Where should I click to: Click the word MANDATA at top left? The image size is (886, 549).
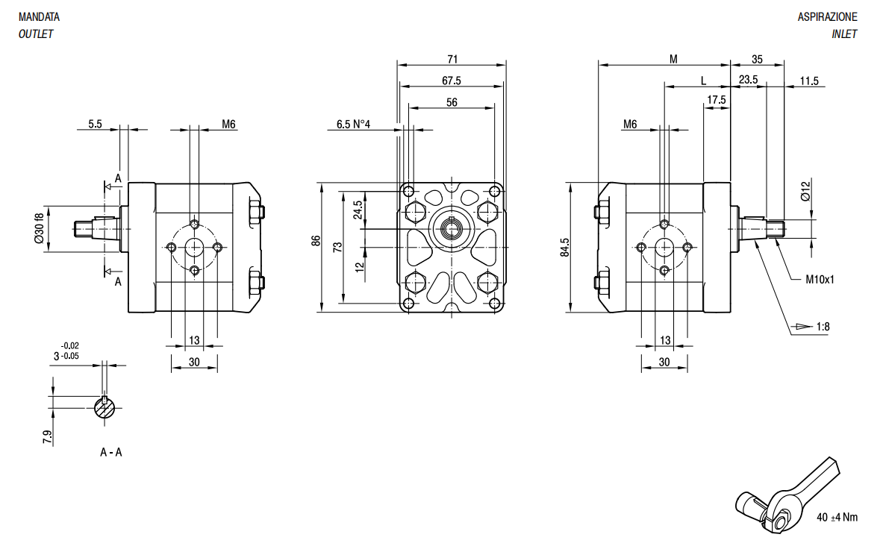[x=39, y=16]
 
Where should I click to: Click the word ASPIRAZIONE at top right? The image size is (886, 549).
[x=827, y=16]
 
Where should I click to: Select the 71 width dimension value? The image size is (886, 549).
[x=452, y=58]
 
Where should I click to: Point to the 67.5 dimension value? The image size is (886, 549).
[x=452, y=80]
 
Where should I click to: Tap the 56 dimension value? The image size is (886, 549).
[x=452, y=102]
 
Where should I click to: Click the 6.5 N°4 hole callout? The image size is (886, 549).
[x=353, y=124]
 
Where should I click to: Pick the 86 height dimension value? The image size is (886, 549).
[x=316, y=241]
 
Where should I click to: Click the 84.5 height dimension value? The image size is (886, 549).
[x=564, y=247]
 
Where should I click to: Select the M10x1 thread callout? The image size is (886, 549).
[x=820, y=280]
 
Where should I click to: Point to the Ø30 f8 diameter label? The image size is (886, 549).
[x=39, y=229]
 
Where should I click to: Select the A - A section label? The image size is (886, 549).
[x=111, y=452]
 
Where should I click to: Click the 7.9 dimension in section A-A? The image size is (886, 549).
[x=48, y=437]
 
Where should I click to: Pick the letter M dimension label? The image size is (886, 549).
[x=673, y=58]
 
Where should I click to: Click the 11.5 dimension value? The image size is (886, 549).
[x=808, y=81]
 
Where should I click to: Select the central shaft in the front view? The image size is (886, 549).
[x=452, y=227]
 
